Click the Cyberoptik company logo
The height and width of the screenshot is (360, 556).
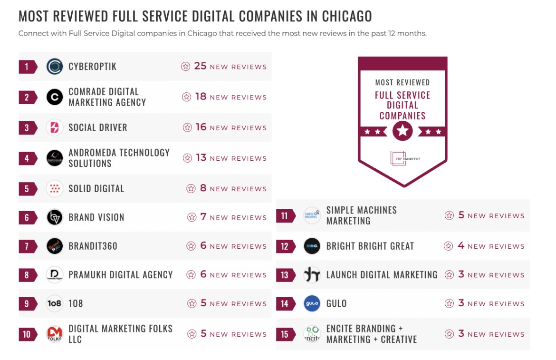pos(55,67)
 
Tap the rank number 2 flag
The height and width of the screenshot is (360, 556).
pos(28,97)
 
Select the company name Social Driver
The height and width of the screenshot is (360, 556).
pos(98,127)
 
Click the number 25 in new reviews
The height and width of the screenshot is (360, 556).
pos(200,66)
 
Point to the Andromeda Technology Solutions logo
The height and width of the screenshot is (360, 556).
pos(55,158)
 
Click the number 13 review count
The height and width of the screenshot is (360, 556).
pos(201,158)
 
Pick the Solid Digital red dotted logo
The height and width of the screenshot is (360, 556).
pos(55,188)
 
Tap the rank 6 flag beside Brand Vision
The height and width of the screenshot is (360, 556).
pos(28,217)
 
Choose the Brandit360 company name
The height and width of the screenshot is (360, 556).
pos(93,246)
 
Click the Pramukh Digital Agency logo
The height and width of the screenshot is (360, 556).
pos(55,274)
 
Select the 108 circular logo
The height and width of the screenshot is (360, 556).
pos(55,303)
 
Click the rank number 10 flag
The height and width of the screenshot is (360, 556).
pos(28,334)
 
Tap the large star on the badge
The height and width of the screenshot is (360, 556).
pos(403,131)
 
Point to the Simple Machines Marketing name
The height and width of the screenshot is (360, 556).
pos(361,215)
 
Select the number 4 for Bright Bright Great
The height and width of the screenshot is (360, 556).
pos(461,246)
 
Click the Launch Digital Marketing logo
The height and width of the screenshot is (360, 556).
pos(312,274)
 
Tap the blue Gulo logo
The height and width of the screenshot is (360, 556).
pos(312,303)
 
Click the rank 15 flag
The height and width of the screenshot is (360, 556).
pos(285,334)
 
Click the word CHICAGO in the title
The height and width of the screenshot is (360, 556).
pos(347,17)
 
